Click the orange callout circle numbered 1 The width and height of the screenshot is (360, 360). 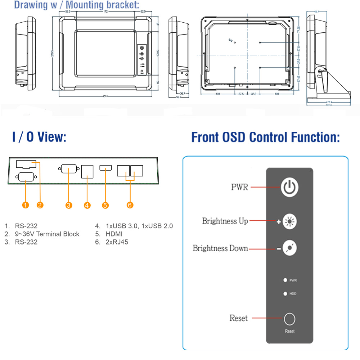25,205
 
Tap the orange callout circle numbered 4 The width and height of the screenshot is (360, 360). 87,205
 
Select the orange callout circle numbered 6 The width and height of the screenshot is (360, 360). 130,205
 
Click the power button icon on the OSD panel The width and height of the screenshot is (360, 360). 290,187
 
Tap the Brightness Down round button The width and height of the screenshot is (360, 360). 290,248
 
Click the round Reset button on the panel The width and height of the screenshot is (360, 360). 289,319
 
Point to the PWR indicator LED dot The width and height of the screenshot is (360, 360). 285,280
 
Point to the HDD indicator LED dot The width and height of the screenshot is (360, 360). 285,293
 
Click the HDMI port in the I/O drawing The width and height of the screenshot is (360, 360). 105,167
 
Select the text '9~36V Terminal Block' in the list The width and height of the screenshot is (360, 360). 47,234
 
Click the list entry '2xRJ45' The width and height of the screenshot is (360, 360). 117,242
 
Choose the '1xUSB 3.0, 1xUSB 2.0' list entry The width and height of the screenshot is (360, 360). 139,226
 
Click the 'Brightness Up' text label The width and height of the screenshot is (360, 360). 225,221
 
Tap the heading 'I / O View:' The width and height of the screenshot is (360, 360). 39,137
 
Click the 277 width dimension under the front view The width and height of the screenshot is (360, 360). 105,96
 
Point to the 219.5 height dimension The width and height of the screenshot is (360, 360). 53,53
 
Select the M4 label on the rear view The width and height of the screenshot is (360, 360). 230,40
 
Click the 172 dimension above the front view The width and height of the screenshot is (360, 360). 105,12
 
